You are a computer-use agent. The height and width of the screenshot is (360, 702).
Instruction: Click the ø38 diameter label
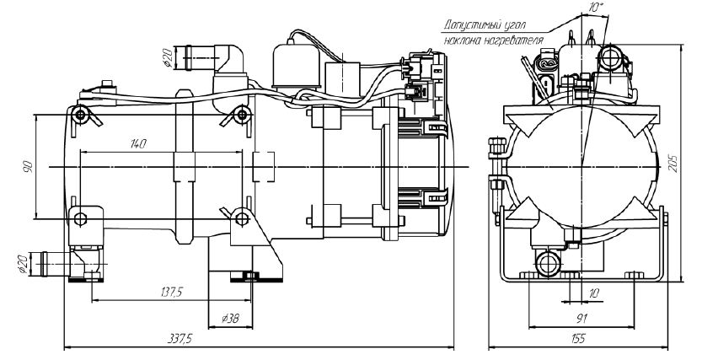coord(228,320)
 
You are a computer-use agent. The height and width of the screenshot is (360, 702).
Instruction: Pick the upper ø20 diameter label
coord(169,59)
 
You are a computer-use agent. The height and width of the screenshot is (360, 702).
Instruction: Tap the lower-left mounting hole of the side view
coord(80,219)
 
